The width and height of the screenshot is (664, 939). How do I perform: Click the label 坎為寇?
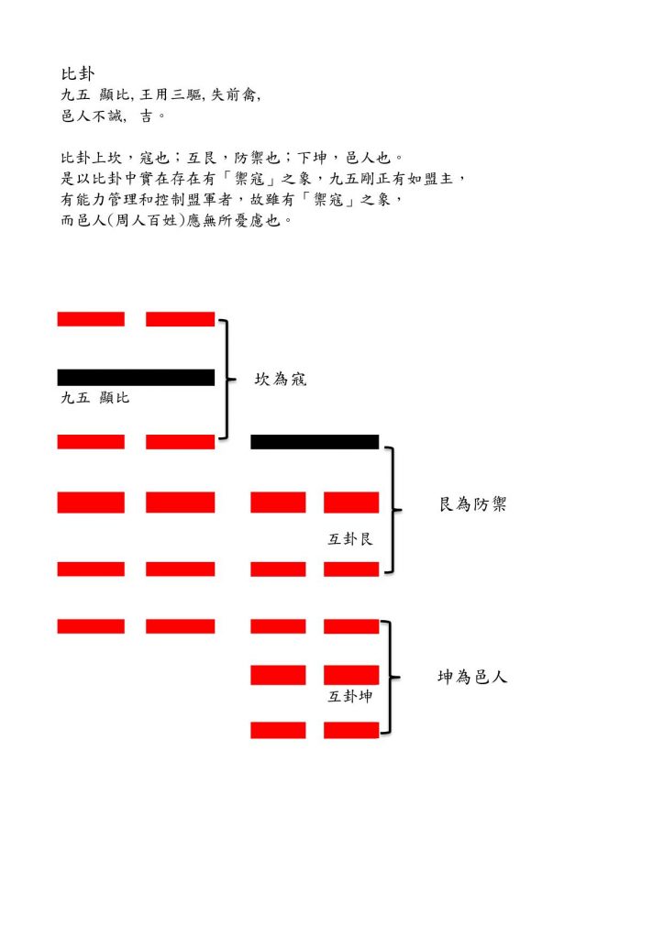click(280, 379)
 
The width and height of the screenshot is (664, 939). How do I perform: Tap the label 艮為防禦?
click(472, 504)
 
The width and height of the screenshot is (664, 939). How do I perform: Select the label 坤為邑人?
click(472, 678)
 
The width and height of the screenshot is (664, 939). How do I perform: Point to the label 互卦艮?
click(351, 539)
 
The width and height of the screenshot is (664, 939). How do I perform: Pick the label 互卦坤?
click(351, 697)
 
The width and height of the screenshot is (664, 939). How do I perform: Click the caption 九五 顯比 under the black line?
click(94, 398)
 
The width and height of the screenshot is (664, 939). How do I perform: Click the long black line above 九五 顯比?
click(136, 377)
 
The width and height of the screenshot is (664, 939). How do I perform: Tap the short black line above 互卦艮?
click(315, 442)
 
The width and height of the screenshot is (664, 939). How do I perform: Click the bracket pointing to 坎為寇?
click(226, 379)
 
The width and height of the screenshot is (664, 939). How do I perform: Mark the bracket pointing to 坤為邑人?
click(392, 678)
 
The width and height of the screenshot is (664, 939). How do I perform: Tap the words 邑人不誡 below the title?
click(92, 116)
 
